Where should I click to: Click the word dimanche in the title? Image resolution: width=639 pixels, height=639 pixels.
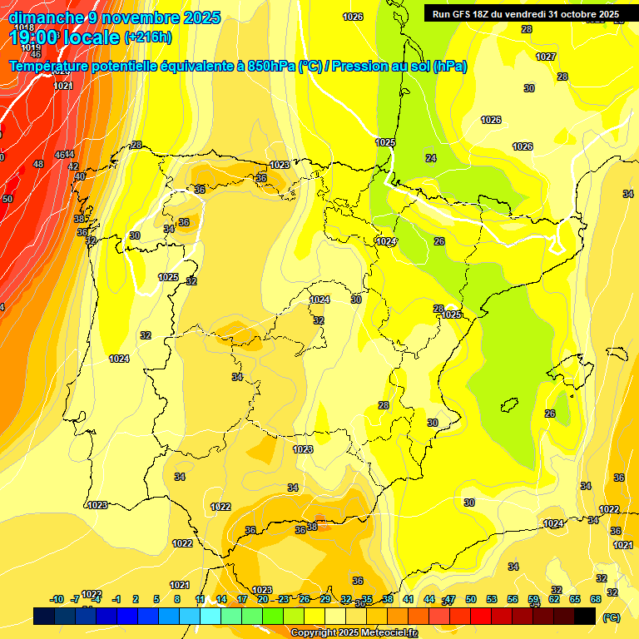click(x=46, y=17)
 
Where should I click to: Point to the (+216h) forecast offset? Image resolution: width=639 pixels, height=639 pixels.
click(x=147, y=37)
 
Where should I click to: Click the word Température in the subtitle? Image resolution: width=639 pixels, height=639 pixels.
click(x=53, y=67)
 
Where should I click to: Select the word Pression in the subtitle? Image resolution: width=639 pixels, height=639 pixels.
click(x=359, y=67)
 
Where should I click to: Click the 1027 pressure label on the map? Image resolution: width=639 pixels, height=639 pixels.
click(x=546, y=57)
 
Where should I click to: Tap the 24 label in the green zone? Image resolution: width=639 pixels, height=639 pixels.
click(x=430, y=158)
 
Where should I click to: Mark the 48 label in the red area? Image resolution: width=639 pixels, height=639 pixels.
click(x=38, y=164)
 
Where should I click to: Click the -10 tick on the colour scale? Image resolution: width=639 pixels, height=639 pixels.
click(x=57, y=599)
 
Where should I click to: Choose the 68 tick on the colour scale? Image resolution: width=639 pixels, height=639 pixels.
click(x=596, y=599)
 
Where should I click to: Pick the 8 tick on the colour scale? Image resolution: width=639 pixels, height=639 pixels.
click(x=177, y=599)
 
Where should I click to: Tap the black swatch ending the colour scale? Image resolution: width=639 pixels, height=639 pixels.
click(x=585, y=616)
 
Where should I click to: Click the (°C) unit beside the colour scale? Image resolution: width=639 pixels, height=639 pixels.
click(x=612, y=617)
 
